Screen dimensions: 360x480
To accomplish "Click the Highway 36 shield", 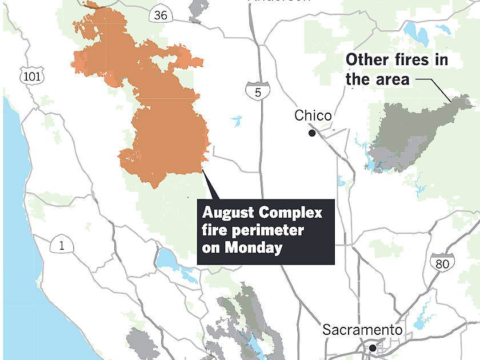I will pyautogui.click(x=161, y=16).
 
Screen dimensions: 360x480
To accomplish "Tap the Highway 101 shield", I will pyautogui.click(x=30, y=75).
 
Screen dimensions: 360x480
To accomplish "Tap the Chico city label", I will pyautogui.click(x=313, y=116).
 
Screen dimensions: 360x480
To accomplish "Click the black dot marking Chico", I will pyautogui.click(x=312, y=133).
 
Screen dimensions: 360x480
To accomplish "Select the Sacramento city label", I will pyautogui.click(x=362, y=330).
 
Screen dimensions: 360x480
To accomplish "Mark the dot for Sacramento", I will pyautogui.click(x=372, y=347).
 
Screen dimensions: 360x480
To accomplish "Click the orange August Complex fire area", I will pyautogui.click(x=166, y=131).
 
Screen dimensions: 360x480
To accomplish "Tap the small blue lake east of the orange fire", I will pyautogui.click(x=236, y=121).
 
